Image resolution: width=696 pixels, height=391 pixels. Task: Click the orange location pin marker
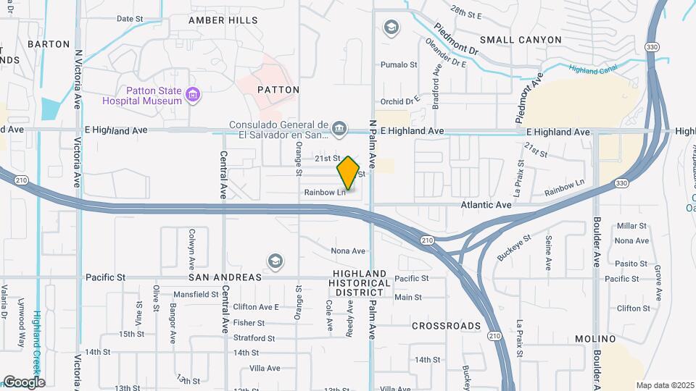click(349, 173)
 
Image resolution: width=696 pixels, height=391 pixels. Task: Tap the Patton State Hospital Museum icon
click(192, 95)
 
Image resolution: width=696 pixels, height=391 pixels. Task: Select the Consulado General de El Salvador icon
click(339, 130)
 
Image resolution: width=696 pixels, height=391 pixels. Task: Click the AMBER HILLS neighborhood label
click(223, 20)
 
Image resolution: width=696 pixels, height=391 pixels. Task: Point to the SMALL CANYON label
click(520, 40)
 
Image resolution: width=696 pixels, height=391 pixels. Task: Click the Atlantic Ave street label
click(486, 206)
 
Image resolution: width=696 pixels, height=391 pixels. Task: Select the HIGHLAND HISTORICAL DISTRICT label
click(357, 283)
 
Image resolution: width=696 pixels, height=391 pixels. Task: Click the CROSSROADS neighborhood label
click(446, 326)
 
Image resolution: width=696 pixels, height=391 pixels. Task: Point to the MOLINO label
click(595, 339)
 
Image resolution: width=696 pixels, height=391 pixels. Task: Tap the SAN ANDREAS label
click(225, 277)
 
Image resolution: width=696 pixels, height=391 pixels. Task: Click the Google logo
click(23, 382)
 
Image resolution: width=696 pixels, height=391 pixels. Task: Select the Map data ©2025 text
click(664, 385)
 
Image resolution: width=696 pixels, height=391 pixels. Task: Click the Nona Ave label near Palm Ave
click(347, 251)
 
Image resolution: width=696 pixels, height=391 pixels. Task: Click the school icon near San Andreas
click(275, 260)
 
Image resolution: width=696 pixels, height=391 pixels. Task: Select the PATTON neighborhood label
click(278, 90)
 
